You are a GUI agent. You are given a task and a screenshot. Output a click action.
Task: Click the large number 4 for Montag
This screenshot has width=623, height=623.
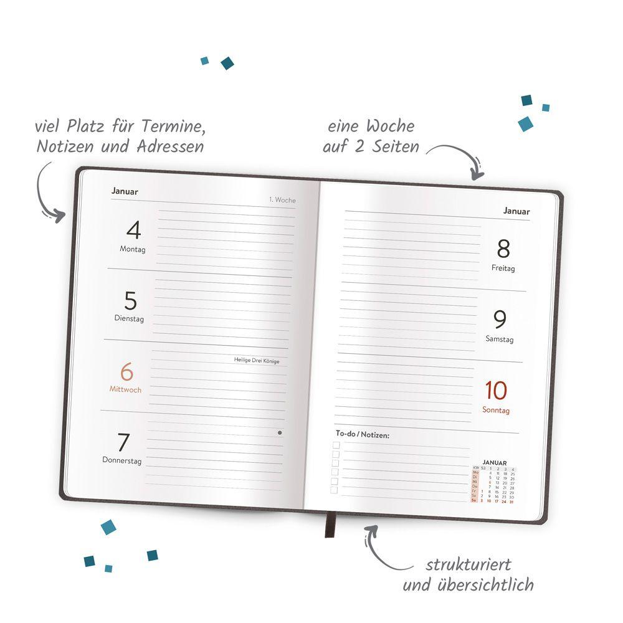tap(133, 231)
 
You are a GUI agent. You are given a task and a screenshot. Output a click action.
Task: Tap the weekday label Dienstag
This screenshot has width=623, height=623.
tap(129, 318)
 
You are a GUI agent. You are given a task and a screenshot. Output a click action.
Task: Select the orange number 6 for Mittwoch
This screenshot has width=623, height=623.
tap(126, 373)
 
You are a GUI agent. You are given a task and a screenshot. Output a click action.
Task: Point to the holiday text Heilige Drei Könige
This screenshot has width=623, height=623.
tap(256, 360)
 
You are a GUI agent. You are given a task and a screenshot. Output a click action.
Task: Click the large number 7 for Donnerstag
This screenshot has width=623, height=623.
tap(123, 443)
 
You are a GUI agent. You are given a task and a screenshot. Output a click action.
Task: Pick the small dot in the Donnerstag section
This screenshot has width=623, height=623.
tap(280, 432)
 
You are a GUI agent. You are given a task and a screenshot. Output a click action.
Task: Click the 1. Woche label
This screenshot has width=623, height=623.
tap(282, 200)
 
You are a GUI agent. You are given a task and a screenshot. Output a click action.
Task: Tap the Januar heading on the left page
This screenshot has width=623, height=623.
tap(125, 191)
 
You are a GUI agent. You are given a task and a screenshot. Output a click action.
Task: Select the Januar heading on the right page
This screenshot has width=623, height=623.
tap(516, 211)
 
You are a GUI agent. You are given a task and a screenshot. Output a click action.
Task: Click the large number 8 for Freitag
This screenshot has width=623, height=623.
tap(503, 249)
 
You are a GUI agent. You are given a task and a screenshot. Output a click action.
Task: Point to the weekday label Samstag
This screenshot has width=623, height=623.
tap(500, 339)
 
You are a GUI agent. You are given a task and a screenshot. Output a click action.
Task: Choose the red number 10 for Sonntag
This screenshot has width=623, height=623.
tap(497, 391)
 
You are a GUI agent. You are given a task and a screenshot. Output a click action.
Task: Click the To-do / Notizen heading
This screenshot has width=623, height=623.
tap(363, 434)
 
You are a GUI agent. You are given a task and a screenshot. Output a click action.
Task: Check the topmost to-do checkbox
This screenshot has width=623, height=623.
tap(336, 445)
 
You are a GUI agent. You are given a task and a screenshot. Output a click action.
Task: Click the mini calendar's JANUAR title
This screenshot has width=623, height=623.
tap(495, 462)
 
